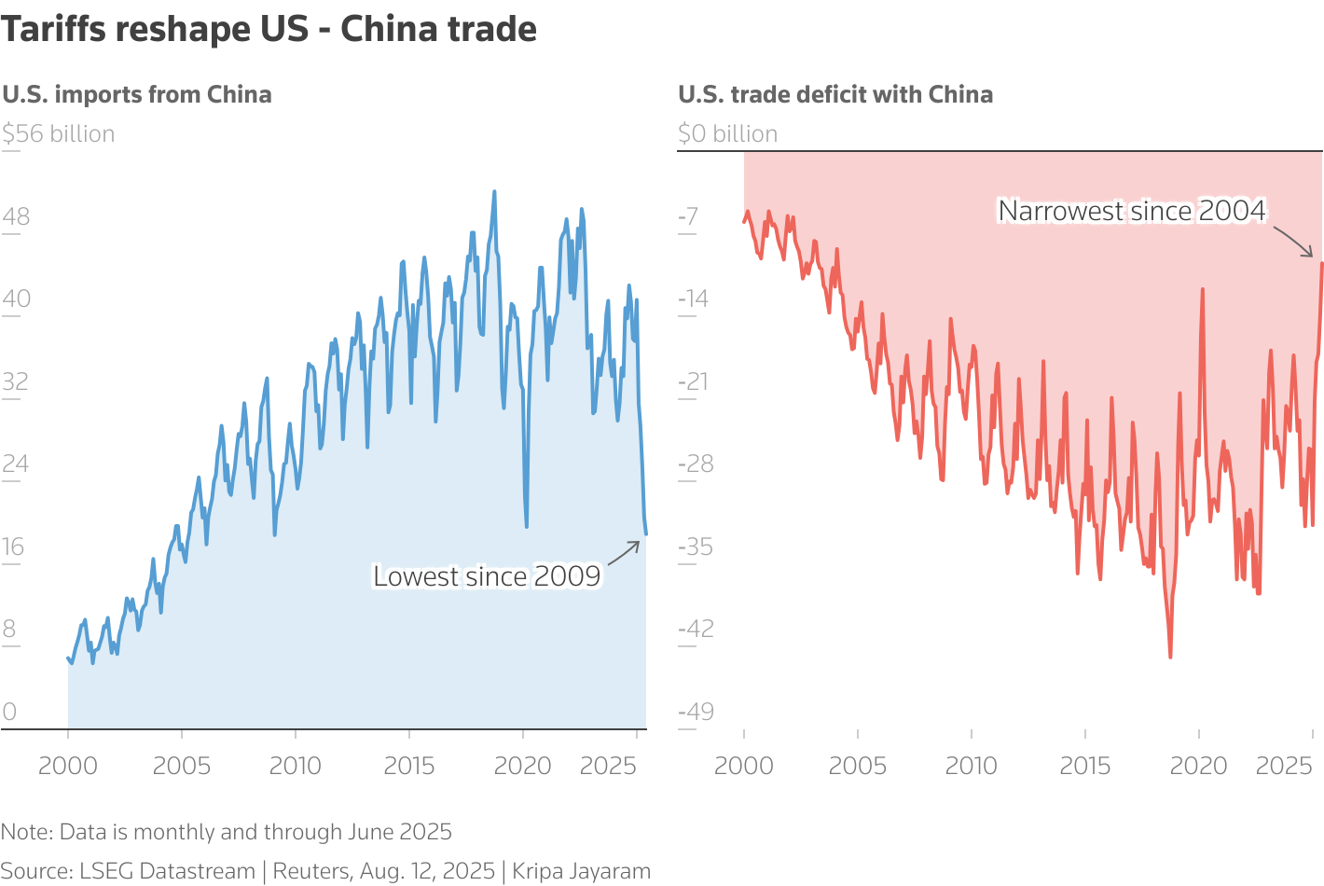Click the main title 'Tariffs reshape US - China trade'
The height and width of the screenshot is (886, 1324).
tap(269, 30)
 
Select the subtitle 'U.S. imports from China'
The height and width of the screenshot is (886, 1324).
tap(137, 95)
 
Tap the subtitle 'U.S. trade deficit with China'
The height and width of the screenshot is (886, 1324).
tap(835, 95)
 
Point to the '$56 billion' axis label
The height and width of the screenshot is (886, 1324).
tap(59, 134)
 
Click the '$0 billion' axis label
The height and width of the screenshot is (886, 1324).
tap(727, 134)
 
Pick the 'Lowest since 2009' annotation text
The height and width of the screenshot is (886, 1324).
tap(487, 576)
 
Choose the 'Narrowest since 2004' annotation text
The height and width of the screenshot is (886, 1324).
tap(1132, 211)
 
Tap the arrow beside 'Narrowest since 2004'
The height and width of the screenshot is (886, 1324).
tap(1293, 242)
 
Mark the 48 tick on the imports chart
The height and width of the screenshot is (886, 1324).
tap(16, 217)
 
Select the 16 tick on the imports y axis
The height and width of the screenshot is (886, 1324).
tap(13, 547)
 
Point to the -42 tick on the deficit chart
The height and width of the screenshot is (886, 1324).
tap(696, 629)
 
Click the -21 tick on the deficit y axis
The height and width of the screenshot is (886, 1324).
tap(693, 381)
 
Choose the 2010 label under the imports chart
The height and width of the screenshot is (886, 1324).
tap(296, 767)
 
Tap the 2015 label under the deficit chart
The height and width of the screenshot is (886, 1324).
tap(1085, 767)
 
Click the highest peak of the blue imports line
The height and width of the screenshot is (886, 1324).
tap(494, 192)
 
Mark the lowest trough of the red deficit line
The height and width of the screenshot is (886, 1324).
tap(1170, 657)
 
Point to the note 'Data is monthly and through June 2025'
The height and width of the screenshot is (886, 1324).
tap(227, 832)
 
